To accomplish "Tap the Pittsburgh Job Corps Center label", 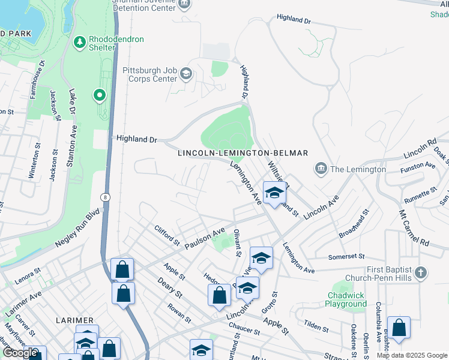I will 150,74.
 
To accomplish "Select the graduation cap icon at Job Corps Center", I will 185,74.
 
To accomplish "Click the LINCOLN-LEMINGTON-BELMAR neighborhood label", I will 243,154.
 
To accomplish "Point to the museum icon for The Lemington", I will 321,169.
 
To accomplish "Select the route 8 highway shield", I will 106,196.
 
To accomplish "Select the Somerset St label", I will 346,257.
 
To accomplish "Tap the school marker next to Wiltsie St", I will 274,193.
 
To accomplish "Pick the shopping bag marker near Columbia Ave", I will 399,328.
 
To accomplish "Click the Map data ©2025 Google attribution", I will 412,355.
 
